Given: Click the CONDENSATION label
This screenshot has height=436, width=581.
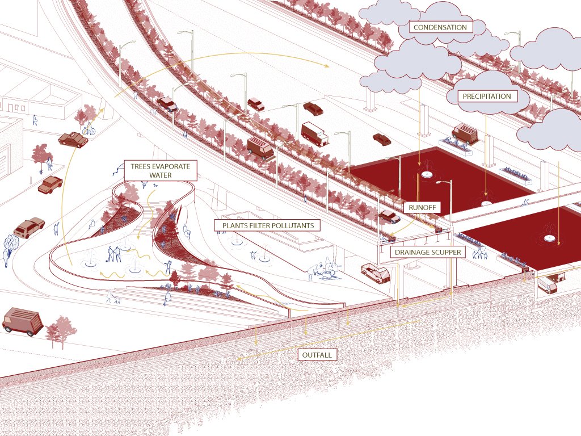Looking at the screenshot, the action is click(x=440, y=27).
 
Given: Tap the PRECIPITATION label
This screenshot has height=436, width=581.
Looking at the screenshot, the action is click(x=487, y=96).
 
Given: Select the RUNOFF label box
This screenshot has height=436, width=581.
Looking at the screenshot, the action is click(x=423, y=208).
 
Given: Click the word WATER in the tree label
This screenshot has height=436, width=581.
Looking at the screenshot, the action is click(x=160, y=175).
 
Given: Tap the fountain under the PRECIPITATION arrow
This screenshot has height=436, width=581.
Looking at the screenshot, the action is click(x=486, y=203).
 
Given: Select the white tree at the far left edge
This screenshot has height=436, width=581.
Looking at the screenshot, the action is click(x=10, y=245).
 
